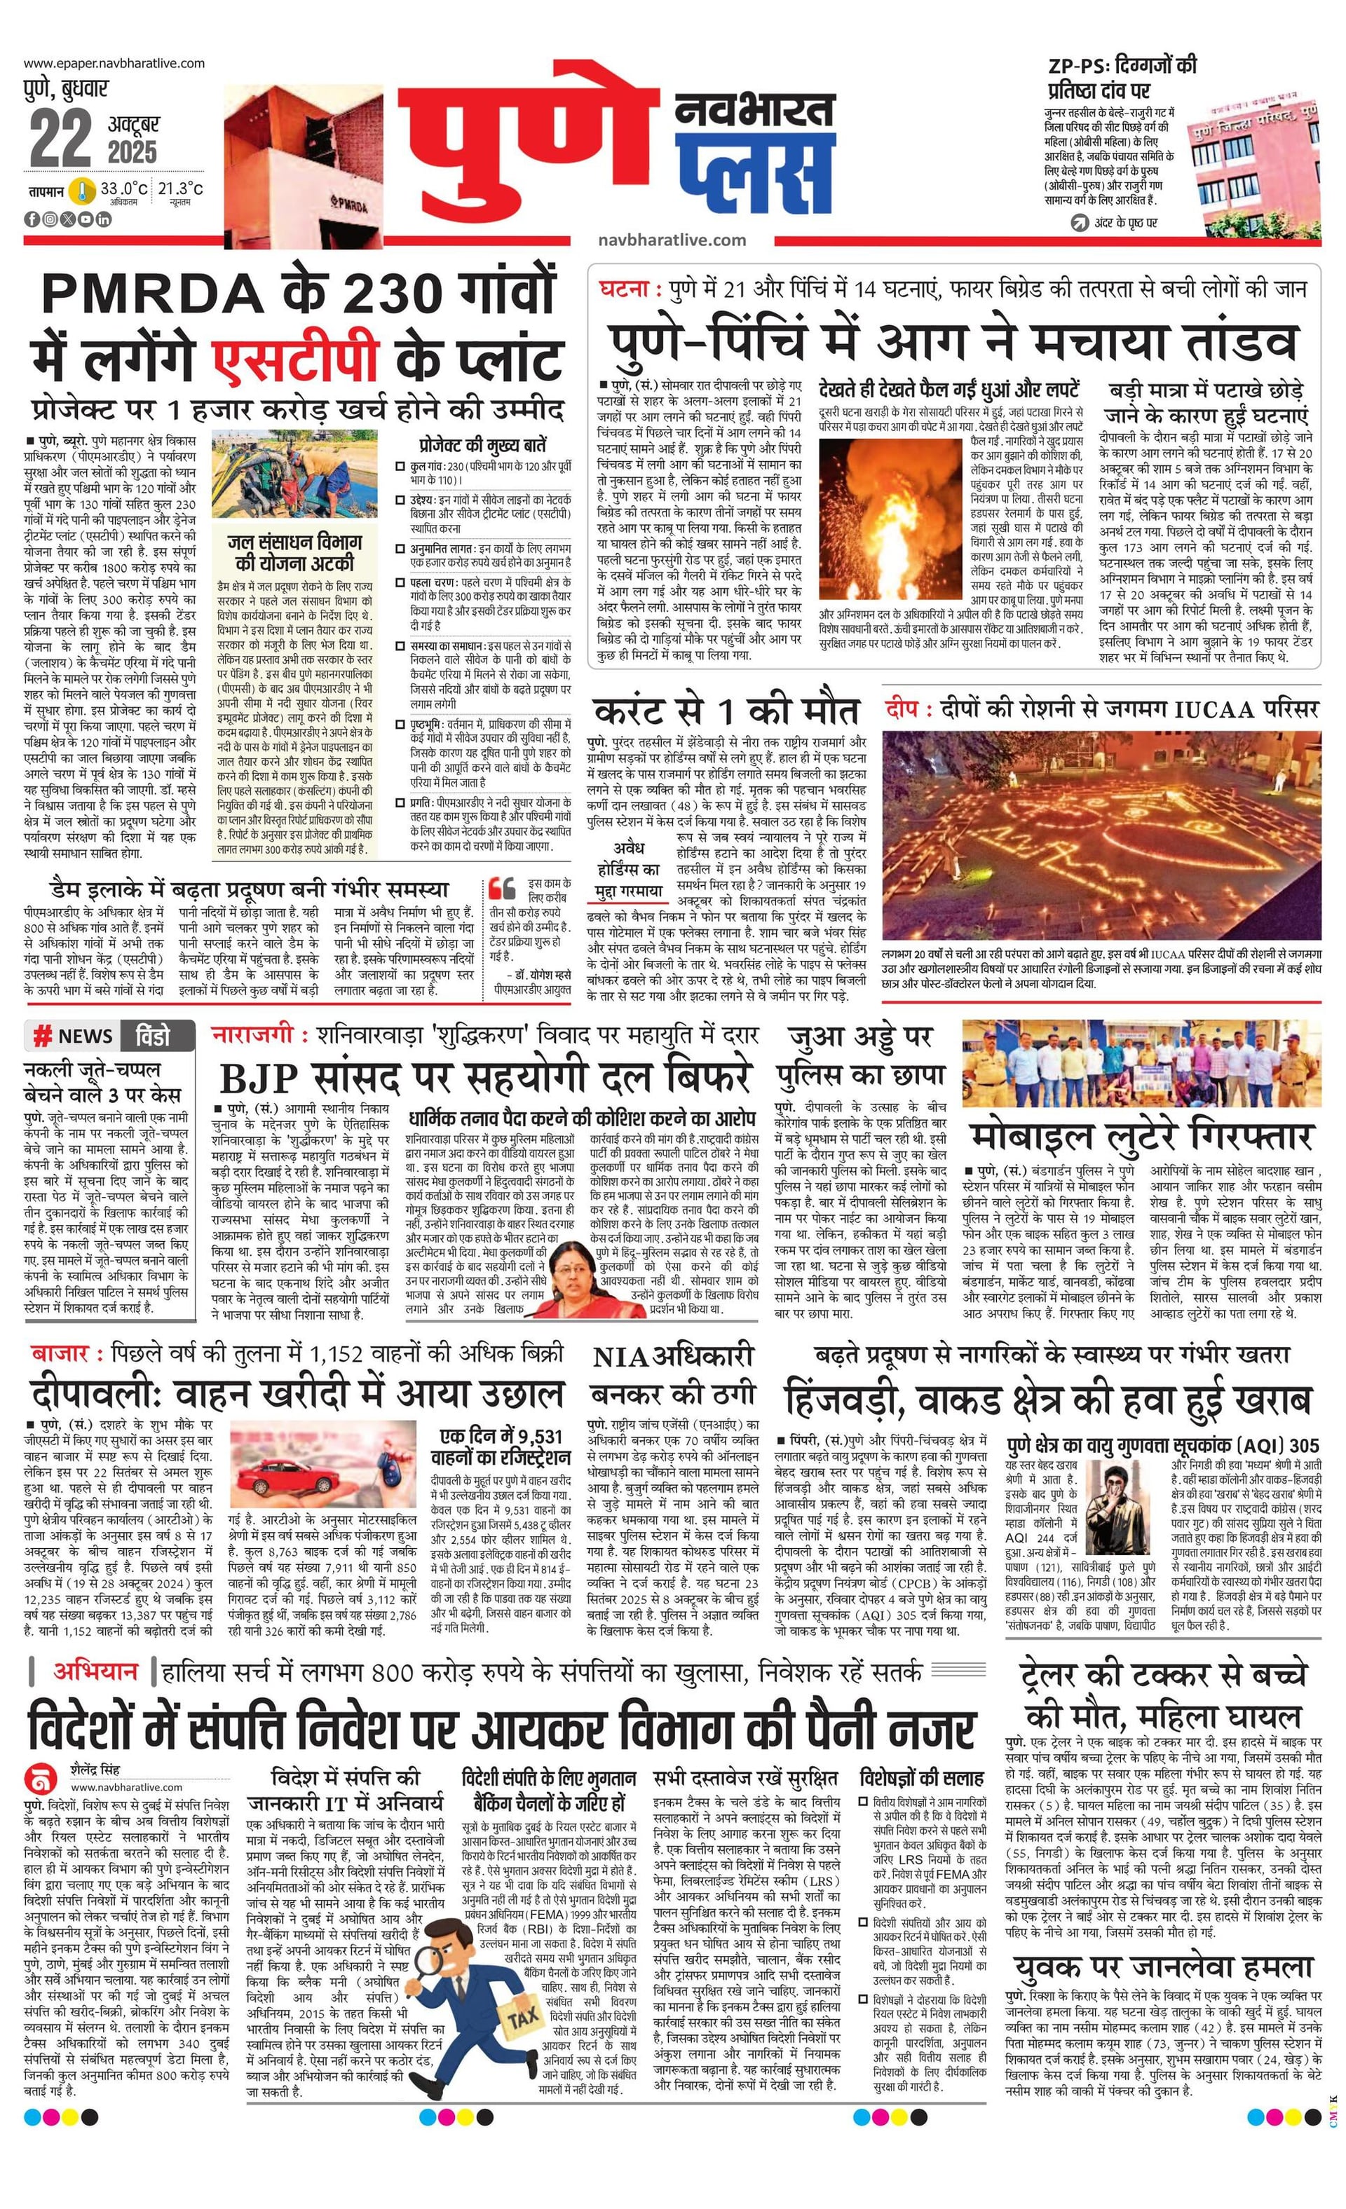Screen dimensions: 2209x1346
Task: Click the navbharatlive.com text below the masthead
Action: [x=672, y=240]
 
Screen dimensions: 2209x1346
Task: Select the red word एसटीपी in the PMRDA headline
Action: [x=296, y=355]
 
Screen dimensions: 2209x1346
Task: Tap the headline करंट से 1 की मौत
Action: [x=726, y=710]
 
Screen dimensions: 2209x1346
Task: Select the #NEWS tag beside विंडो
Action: [x=72, y=1036]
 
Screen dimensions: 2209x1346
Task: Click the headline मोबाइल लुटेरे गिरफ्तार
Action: [x=1141, y=1136]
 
